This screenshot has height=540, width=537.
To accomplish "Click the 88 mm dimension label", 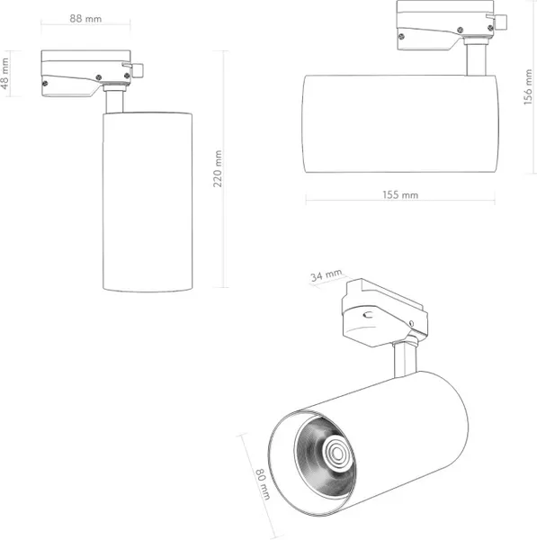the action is pyautogui.click(x=85, y=18).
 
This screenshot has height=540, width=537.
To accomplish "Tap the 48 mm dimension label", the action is pyautogui.click(x=4, y=74).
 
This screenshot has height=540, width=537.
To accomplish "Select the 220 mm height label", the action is pyautogui.click(x=218, y=169).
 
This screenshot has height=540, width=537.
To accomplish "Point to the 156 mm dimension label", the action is pyautogui.click(x=528, y=86).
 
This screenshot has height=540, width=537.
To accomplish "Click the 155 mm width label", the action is pyautogui.click(x=400, y=195).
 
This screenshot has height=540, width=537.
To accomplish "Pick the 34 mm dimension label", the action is pyautogui.click(x=326, y=275).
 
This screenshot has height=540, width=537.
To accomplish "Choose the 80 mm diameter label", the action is pyautogui.click(x=263, y=484).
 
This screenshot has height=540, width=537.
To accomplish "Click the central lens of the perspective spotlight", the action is pyautogui.click(x=337, y=454).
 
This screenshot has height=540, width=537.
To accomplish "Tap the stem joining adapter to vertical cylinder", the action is pyautogui.click(x=114, y=102).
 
